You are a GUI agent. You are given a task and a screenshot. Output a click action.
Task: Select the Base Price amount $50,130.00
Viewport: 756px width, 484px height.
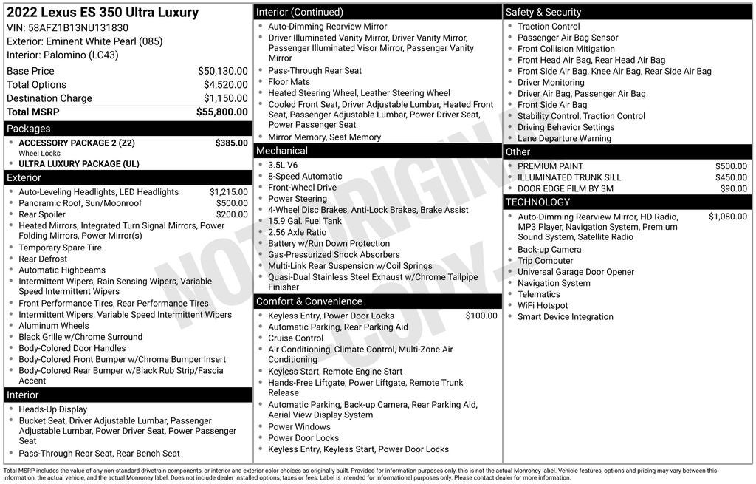[222, 71]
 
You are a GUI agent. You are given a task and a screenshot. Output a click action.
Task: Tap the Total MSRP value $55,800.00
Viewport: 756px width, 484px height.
[221, 112]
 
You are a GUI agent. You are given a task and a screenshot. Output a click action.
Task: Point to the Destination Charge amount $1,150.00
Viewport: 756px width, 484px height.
[225, 98]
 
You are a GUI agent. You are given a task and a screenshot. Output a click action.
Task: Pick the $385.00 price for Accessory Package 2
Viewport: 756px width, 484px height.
[231, 143]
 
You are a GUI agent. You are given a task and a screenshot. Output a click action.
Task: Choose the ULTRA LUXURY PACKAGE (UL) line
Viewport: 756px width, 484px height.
[78, 164]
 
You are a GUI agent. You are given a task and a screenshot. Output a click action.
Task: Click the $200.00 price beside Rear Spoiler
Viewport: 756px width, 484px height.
[231, 214]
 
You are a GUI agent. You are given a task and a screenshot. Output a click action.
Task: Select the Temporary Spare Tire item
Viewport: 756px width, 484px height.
[60, 248]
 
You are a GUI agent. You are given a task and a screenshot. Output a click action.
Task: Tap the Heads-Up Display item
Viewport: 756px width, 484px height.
[52, 409]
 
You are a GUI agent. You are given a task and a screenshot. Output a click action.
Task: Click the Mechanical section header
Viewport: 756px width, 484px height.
[281, 151]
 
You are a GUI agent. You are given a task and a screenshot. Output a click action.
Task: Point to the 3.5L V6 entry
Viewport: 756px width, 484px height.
[283, 166]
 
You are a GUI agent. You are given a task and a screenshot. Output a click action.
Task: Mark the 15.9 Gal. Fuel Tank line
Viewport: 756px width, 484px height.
[305, 221]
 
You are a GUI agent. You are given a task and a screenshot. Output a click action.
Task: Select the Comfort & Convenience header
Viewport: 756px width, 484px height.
[309, 301]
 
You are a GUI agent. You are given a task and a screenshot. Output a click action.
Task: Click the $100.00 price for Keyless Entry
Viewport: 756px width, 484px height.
[481, 316]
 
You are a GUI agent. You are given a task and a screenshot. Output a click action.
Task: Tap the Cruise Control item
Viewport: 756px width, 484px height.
[295, 338]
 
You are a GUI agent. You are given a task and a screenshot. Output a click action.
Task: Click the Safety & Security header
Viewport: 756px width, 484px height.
[543, 12]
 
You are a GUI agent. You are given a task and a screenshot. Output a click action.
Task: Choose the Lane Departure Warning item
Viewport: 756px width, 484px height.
[564, 138]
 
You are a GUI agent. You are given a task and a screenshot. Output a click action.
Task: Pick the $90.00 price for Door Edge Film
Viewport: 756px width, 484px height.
[733, 188]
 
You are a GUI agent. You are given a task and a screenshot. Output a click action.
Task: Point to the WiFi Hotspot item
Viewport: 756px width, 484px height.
[543, 306]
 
